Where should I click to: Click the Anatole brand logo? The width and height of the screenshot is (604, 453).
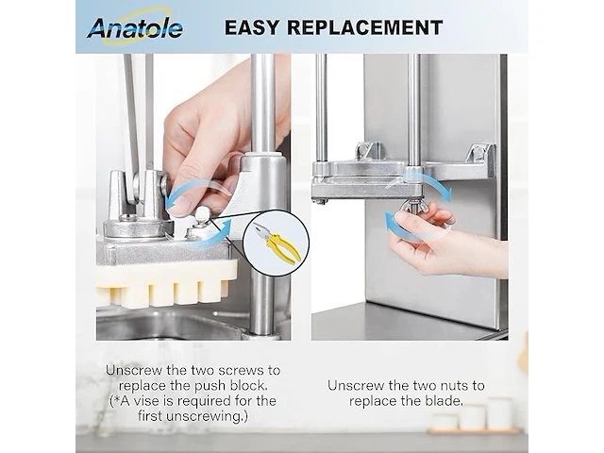pos(134,27)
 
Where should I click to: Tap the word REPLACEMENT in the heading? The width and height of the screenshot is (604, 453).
pos(365,27)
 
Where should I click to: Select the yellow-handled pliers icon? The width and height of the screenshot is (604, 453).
pos(277,243)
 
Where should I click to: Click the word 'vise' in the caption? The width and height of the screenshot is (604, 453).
pos(147,401)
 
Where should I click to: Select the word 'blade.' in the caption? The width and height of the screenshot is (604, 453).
pos(444,400)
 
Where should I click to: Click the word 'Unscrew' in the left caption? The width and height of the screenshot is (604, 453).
pos(134,370)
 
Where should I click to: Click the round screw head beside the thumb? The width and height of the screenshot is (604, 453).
pos(201,214)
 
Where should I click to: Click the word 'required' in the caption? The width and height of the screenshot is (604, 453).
pos(202,401)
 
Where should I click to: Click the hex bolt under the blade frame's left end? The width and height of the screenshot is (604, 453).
pos(320,201)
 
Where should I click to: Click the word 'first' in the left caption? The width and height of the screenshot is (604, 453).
pos(150,416)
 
